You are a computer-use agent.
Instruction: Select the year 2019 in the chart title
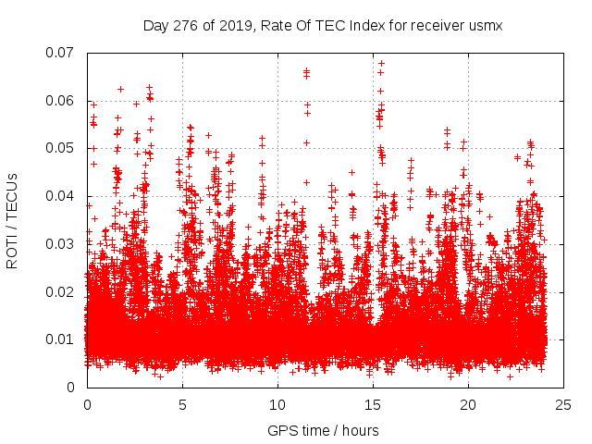click(233, 26)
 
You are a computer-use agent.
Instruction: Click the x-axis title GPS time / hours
click(323, 431)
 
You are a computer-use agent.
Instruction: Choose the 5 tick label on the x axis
click(182, 405)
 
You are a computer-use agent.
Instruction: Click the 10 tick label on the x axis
click(277, 405)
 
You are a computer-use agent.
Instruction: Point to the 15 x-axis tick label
click(373, 405)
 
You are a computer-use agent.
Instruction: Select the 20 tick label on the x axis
click(468, 405)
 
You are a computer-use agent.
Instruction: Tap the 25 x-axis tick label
click(563, 405)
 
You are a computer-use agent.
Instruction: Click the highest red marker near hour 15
click(381, 64)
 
